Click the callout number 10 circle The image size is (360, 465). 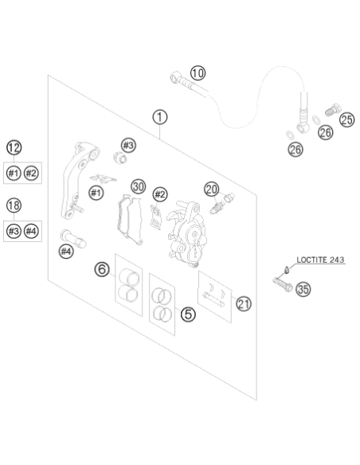(x=198, y=73)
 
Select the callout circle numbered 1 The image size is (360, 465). (x=160, y=117)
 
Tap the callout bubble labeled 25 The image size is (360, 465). (x=346, y=119)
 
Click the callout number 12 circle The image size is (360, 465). (x=14, y=147)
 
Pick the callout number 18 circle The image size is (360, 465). (x=14, y=205)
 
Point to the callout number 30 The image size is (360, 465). (x=139, y=186)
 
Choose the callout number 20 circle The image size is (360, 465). (x=212, y=190)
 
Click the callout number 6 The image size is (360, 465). (x=102, y=270)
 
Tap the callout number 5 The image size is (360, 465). (x=188, y=314)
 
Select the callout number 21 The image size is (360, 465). (x=244, y=303)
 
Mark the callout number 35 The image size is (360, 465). (x=303, y=289)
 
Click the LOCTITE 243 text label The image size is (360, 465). (x=320, y=260)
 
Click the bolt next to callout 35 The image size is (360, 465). (x=283, y=283)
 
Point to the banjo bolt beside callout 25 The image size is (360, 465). (x=333, y=109)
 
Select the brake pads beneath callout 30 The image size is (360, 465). (x=130, y=220)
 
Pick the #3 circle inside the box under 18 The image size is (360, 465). (x=14, y=231)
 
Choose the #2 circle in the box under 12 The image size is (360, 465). (x=31, y=173)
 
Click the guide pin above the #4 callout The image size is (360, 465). (x=73, y=239)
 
